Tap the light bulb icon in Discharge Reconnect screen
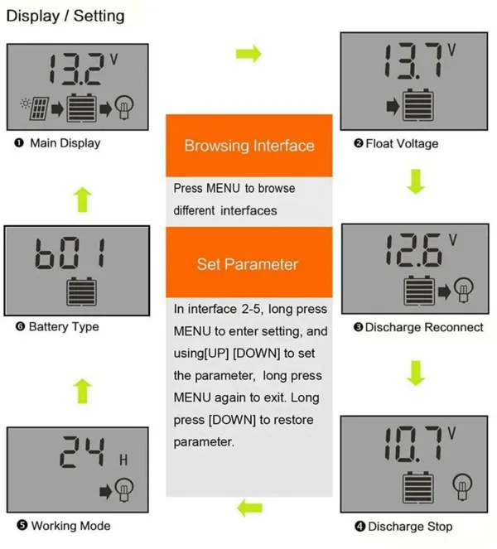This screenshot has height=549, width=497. [x=465, y=289]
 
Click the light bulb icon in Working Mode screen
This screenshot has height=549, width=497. [x=124, y=490]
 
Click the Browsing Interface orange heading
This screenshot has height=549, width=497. [x=248, y=146]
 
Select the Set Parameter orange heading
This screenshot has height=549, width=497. [x=247, y=264]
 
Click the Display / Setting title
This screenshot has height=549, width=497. [x=65, y=16]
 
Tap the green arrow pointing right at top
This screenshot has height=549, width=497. [x=248, y=54]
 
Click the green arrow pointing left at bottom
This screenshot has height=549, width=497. [x=248, y=507]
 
